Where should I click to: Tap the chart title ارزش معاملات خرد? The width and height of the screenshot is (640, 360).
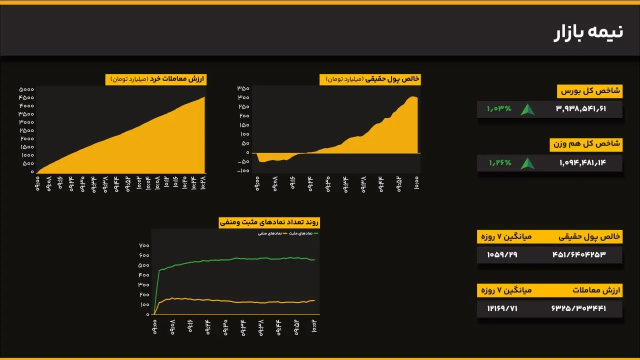(x=155, y=79)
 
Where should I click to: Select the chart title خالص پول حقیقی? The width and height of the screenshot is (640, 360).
(x=370, y=79)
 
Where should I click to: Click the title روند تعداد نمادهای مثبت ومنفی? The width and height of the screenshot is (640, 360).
(x=269, y=222)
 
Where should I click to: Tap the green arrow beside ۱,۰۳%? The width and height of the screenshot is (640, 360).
(x=527, y=109)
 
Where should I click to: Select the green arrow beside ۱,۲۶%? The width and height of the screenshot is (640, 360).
(x=527, y=163)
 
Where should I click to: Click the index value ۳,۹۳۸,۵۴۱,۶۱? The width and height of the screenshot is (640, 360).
(x=580, y=109)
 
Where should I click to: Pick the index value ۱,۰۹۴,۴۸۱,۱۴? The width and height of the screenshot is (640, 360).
(x=582, y=162)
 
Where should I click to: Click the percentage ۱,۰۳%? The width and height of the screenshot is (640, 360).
(x=499, y=108)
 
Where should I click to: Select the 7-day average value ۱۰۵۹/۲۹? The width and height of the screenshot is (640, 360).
(x=502, y=255)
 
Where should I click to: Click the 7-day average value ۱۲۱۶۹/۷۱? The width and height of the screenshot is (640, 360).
(x=502, y=308)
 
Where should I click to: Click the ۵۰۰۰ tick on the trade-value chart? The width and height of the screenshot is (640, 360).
(x=26, y=89)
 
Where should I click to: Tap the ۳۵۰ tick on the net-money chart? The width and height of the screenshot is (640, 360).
(x=243, y=88)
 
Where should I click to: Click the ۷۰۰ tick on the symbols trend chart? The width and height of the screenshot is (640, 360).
(x=144, y=245)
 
